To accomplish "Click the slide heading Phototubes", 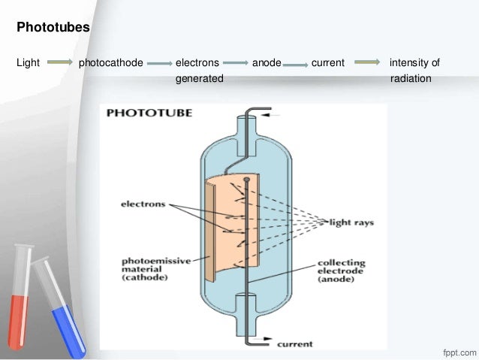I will click(53, 29).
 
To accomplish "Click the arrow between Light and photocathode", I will click(59, 63).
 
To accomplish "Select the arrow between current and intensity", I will click(367, 63).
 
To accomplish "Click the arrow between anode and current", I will click(295, 64).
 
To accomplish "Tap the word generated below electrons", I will click(199, 78).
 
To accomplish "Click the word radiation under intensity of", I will click(411, 78).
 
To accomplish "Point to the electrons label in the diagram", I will click(144, 204).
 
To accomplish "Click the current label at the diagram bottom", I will click(296, 345).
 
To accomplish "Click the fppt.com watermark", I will click(456, 351).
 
